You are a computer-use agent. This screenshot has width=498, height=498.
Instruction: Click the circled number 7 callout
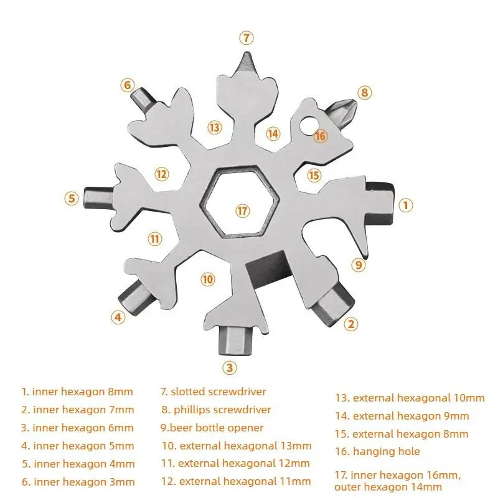pos(247,38)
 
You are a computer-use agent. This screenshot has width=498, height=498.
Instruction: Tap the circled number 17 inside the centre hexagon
pos(242,210)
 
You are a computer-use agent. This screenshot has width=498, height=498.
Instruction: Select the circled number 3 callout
pos(230,368)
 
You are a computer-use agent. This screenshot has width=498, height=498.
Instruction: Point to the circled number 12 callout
pos(162,174)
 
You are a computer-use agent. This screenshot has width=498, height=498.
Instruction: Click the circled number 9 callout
pos(359,265)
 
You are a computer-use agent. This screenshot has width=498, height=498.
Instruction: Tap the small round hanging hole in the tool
pos(308,124)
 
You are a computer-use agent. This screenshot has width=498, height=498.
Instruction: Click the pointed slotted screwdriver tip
pos(247,63)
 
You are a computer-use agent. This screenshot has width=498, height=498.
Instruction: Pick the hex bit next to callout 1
pos(380,202)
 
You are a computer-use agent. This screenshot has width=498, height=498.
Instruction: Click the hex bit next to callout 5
pos(98,198)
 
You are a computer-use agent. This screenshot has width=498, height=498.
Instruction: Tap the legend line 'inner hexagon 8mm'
pos(77,392)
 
